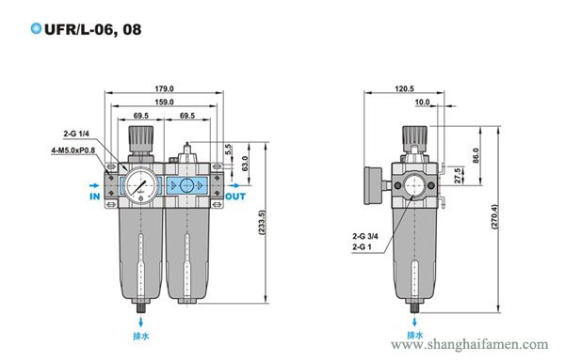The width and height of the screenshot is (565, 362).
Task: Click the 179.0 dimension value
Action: pyautogui.click(x=164, y=88)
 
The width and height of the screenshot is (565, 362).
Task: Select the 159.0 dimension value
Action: pyautogui.click(x=164, y=102)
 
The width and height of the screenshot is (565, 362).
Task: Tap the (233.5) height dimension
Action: pyautogui.click(x=262, y=223)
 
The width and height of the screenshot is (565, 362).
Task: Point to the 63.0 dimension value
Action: pyautogui.click(x=245, y=164)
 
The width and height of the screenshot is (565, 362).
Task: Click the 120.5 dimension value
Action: pyautogui.click(x=404, y=88)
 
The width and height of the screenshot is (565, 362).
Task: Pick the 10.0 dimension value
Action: pyautogui.click(x=422, y=102)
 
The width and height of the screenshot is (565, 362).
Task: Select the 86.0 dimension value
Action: pyautogui.click(x=476, y=155)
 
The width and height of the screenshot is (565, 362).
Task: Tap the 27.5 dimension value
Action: pyautogui.click(x=458, y=176)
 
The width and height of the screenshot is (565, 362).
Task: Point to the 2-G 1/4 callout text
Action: pyautogui.click(x=76, y=134)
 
